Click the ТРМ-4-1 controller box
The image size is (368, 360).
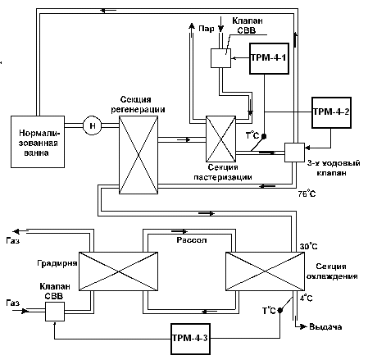(269, 58)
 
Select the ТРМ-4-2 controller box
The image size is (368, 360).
(331, 112)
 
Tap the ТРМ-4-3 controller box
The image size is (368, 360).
(190, 339)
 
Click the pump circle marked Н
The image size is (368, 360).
(93, 125)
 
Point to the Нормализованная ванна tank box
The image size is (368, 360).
(38, 142)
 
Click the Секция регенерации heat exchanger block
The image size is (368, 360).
(139, 155)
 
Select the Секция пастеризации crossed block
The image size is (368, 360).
(220, 139)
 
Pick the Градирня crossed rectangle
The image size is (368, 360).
(118, 271)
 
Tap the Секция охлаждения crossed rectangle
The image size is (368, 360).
(265, 271)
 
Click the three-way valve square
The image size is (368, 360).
(294, 153)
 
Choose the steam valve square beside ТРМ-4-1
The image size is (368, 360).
(220, 58)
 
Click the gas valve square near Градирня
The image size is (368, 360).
(55, 312)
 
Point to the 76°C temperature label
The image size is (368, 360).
(307, 194)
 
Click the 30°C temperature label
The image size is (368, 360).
(309, 246)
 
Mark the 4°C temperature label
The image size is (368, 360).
(306, 298)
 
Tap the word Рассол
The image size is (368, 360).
(192, 240)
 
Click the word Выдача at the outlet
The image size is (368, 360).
(325, 326)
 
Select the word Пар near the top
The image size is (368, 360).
(207, 29)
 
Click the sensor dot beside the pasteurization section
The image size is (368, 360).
(264, 136)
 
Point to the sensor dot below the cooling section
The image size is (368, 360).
(279, 310)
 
